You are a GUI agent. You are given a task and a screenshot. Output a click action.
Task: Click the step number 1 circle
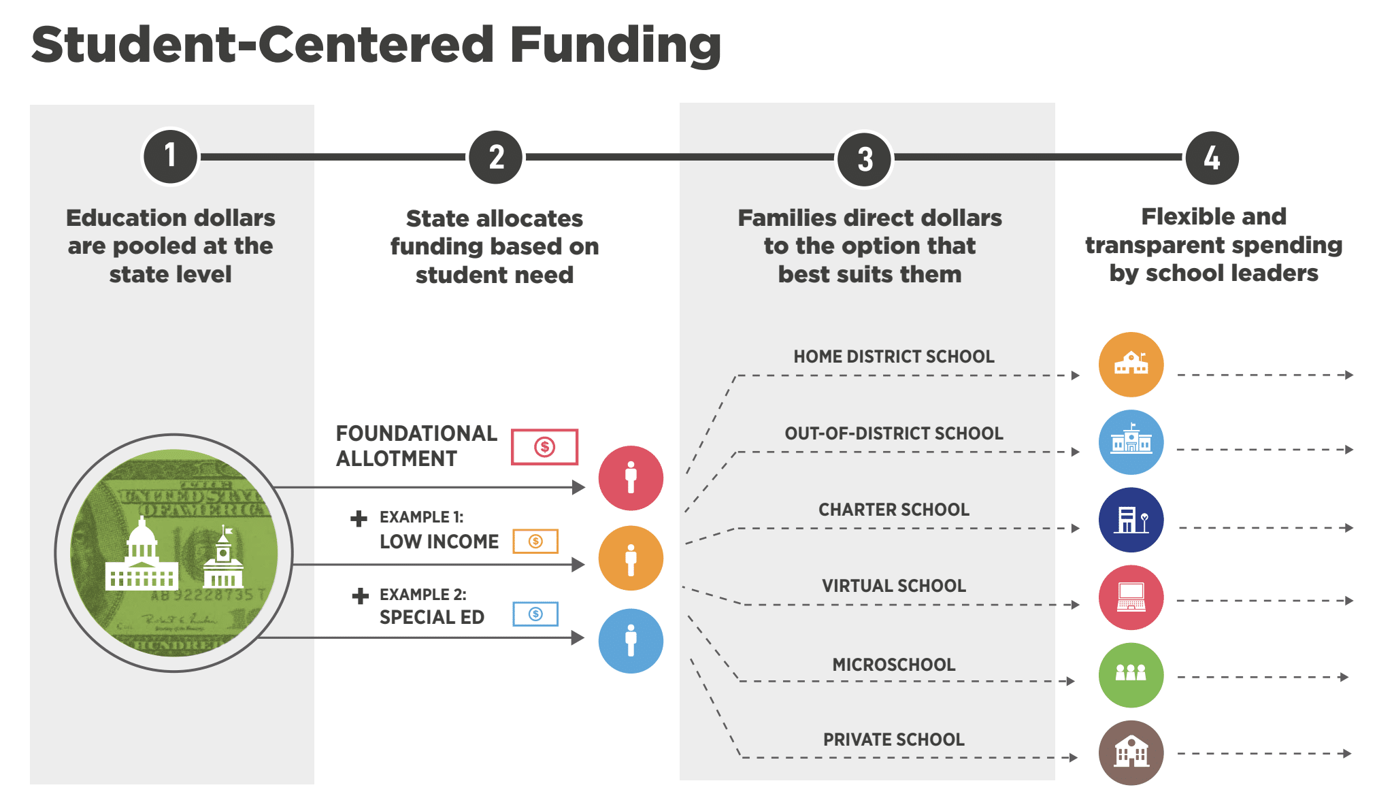coord(170,156)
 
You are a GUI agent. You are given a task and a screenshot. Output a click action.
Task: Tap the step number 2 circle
coord(497,157)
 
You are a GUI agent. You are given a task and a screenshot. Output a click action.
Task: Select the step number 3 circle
coord(865,159)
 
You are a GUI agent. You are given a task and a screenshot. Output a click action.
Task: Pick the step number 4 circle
coord(1212,158)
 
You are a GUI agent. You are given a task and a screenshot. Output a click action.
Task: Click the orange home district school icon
coord(1131,365)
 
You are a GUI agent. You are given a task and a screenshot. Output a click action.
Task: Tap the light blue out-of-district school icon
coord(1131,442)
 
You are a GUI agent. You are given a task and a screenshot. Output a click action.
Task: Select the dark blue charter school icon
coord(1131,520)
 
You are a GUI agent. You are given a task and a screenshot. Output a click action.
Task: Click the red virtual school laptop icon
coord(1131,597)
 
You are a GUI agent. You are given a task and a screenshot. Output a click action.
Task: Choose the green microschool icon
coord(1131,675)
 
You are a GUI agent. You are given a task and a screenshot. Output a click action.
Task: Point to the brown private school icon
coord(1131,752)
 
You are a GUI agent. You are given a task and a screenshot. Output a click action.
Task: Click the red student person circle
coord(631,478)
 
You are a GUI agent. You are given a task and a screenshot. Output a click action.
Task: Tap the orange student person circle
coord(631,558)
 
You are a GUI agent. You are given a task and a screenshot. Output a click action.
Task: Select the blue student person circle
coord(631,641)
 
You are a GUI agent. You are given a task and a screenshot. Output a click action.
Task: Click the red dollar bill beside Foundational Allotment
coord(544,447)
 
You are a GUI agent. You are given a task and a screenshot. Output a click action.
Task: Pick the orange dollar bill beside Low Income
coord(535,542)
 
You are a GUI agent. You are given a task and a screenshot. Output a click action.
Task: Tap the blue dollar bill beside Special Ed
coord(535,614)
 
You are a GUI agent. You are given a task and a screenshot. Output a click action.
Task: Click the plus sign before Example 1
coord(359,519)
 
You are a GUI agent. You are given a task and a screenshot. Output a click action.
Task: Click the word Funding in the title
coord(615,45)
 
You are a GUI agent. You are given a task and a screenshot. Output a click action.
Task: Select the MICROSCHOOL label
coord(893,665)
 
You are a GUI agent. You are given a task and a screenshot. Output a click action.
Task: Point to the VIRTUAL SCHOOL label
coord(893,586)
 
